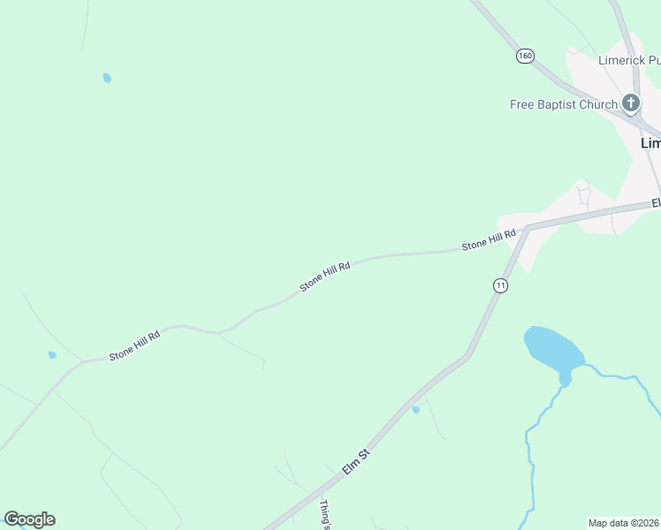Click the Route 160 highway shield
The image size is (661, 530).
[x=526, y=55]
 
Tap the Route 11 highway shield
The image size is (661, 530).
[x=500, y=284]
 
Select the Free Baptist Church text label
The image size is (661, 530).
[x=563, y=104]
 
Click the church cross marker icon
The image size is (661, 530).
[x=631, y=103]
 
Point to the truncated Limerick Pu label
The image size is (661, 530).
[x=629, y=60]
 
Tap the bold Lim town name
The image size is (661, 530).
[x=650, y=142]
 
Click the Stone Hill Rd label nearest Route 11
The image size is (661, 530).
[x=489, y=239]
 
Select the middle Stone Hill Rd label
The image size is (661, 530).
[x=325, y=276]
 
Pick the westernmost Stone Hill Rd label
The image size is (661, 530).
[x=134, y=345]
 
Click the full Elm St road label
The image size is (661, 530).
[x=355, y=462]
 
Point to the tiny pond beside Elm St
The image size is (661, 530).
[x=415, y=409]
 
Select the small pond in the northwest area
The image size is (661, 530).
[x=107, y=78]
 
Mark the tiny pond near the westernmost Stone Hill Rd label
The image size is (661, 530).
[x=52, y=355]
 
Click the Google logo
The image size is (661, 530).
[x=29, y=519]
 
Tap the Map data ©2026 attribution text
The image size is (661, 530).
[x=624, y=522]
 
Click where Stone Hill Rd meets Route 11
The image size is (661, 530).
[x=527, y=229]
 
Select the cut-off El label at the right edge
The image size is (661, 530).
[x=656, y=203]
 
